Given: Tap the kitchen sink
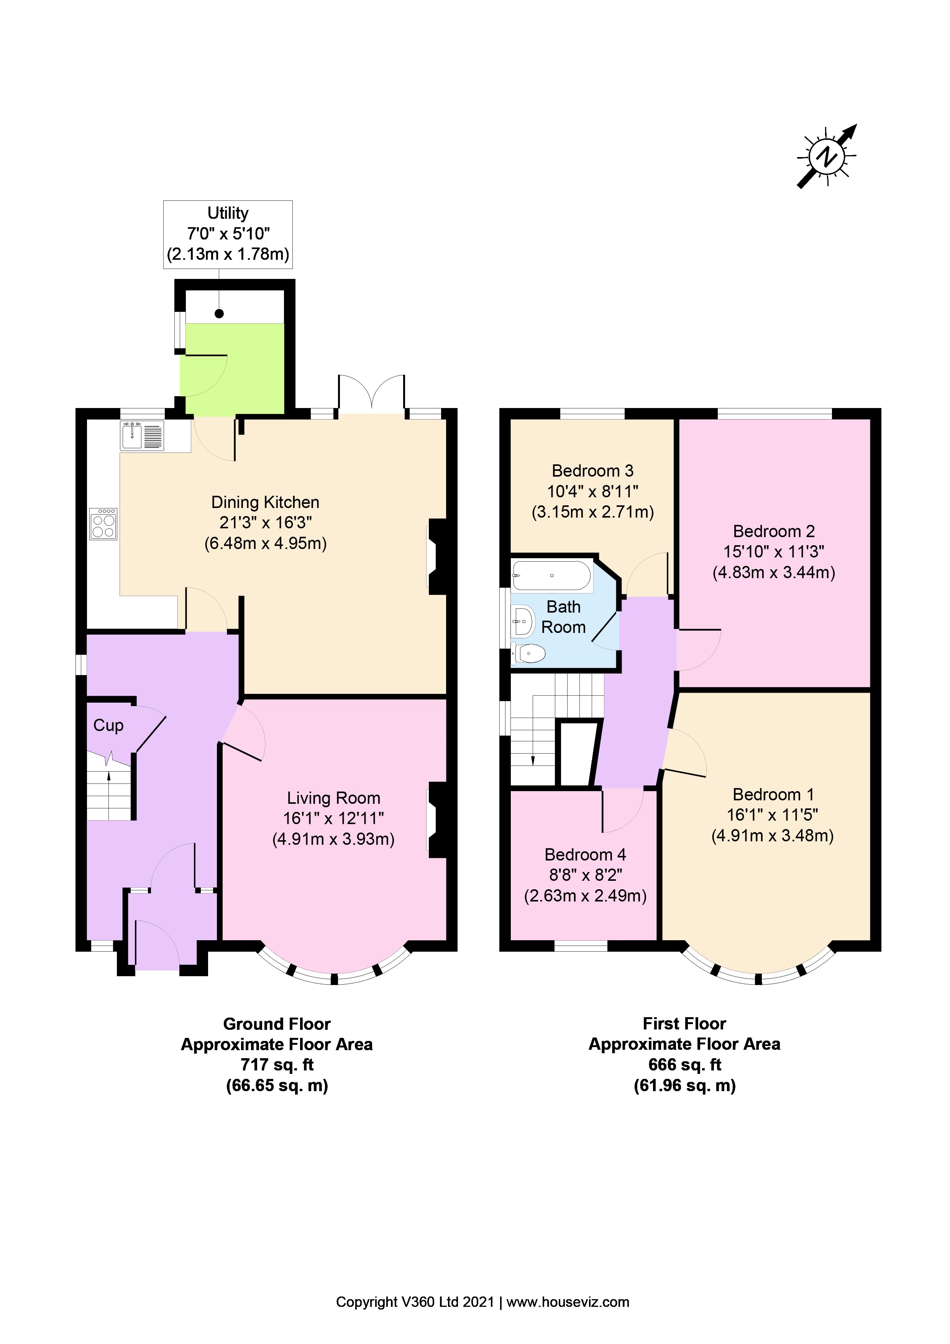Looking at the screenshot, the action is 142,436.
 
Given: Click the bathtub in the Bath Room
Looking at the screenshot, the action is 551,575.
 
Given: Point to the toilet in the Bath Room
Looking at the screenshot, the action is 528,653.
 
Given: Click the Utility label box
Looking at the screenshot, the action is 228,234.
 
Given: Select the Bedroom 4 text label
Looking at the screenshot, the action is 585,855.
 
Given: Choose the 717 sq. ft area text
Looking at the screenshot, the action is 277,1065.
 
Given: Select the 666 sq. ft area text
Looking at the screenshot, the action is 684,1065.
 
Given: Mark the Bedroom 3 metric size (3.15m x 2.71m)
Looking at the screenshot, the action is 592,512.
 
